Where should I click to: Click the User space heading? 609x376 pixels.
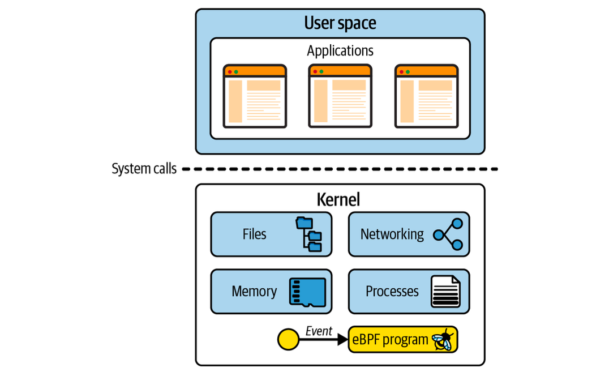pyautogui.click(x=340, y=23)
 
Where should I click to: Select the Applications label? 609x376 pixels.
pyautogui.click(x=340, y=51)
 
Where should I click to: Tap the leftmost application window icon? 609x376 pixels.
pyautogui.click(x=255, y=96)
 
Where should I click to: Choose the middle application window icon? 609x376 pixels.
pyautogui.click(x=340, y=96)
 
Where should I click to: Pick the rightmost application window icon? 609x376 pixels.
pyautogui.click(x=426, y=96)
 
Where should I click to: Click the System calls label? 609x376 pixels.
pyautogui.click(x=144, y=169)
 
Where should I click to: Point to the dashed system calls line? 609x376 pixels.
pyautogui.click(x=340, y=169)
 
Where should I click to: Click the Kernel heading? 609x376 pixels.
pyautogui.click(x=338, y=200)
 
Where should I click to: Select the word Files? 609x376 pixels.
pyautogui.click(x=254, y=234)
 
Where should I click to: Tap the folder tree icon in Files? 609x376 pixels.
pyautogui.click(x=309, y=234)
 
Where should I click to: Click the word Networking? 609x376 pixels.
pyautogui.click(x=392, y=234)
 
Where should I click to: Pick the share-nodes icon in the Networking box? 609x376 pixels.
pyautogui.click(x=448, y=234)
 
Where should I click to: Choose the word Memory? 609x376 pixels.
pyautogui.click(x=254, y=291)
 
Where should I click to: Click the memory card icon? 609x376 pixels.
pyautogui.click(x=307, y=293)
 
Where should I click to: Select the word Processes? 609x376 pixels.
pyautogui.click(x=392, y=291)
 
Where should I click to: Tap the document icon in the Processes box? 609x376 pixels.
pyautogui.click(x=446, y=292)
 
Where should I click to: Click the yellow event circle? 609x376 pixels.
pyautogui.click(x=288, y=340)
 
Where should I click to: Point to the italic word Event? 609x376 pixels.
pyautogui.click(x=319, y=331)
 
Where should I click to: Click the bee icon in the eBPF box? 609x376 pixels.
pyautogui.click(x=443, y=340)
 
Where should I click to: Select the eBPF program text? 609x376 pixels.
pyautogui.click(x=390, y=340)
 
